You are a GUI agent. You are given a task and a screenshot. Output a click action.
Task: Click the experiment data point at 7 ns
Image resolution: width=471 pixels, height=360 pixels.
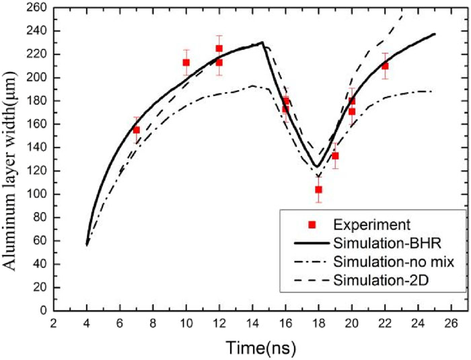(x=137, y=130)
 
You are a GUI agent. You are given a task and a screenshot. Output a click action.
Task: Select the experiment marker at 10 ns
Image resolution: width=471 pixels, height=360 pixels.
(x=186, y=63)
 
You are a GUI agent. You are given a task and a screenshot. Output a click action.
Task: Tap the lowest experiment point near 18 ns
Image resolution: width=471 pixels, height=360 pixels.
(x=318, y=190)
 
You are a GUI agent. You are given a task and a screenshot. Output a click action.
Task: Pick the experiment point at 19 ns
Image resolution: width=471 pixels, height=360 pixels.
(x=335, y=156)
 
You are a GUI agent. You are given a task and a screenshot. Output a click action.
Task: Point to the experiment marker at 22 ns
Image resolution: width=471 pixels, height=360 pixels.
(x=385, y=66)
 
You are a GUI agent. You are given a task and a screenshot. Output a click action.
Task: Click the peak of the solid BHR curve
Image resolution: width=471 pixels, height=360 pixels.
(x=262, y=42)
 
